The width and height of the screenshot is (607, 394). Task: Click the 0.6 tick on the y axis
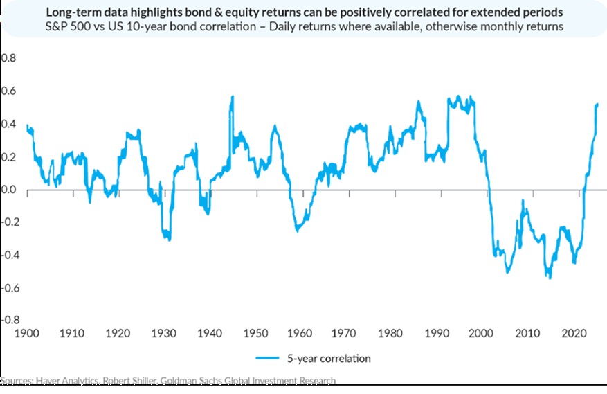(8, 91)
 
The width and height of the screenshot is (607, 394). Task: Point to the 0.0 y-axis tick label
(8, 190)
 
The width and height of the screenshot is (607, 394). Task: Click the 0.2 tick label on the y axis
(8, 157)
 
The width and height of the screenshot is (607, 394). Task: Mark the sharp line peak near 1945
(233, 96)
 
